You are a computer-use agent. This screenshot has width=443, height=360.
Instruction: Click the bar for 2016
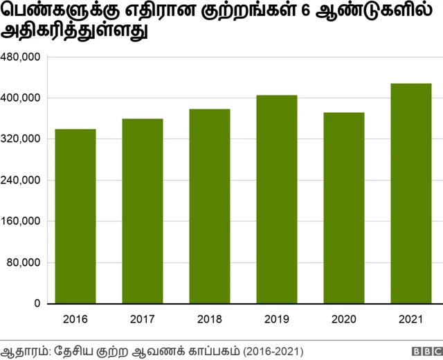click(75, 216)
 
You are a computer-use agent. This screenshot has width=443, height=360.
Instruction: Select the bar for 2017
click(143, 211)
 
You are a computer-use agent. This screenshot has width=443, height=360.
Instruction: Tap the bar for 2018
click(210, 206)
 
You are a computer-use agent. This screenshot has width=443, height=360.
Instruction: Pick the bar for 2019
click(277, 199)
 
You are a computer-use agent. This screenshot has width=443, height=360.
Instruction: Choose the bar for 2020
click(344, 208)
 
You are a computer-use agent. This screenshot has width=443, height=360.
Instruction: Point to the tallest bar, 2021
click(411, 193)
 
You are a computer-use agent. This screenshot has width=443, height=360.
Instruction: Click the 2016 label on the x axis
click(75, 319)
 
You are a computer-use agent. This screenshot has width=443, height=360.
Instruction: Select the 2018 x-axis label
click(210, 319)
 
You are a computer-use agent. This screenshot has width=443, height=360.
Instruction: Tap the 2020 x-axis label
click(344, 319)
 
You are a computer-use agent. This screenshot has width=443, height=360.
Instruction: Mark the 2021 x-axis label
click(411, 319)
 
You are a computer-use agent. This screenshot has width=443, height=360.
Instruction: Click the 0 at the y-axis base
click(37, 304)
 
